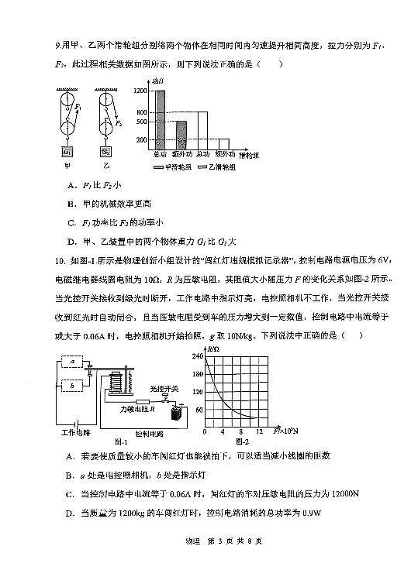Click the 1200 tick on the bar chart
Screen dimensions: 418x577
140,91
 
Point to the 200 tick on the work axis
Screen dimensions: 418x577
141,139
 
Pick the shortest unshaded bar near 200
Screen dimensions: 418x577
223,143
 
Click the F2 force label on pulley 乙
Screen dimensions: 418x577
118,122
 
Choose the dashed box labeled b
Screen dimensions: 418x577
72,385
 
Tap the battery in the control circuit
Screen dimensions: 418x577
178,413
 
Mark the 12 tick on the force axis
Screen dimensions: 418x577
259,431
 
